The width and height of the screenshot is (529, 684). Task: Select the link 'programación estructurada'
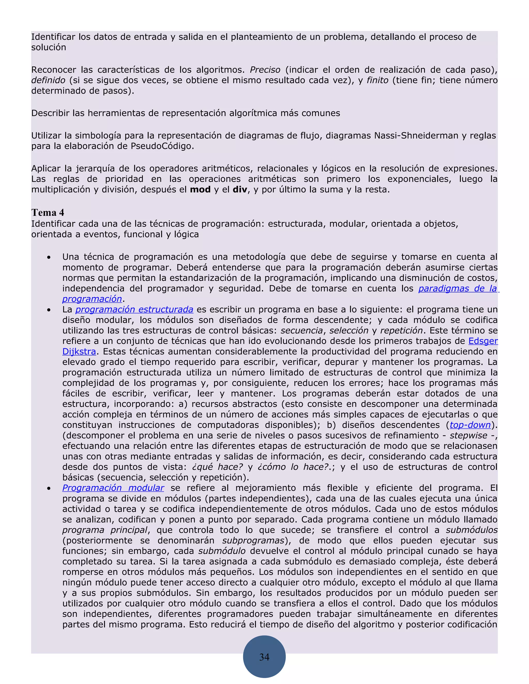pyautogui.click(x=134, y=309)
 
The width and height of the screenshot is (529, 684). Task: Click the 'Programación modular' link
pyautogui.click(x=113, y=488)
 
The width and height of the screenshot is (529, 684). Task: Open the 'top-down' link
pyautogui.click(x=470, y=425)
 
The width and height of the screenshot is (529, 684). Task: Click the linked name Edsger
pyautogui.click(x=483, y=341)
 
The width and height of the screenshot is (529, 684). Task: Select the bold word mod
pyautogui.click(x=200, y=189)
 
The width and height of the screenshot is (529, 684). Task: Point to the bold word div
pyautogui.click(x=240, y=189)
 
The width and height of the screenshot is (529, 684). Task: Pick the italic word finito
pyautogui.click(x=377, y=80)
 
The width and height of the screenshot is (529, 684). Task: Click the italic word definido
pyautogui.click(x=48, y=80)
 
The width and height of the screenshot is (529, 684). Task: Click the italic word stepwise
pyautogui.click(x=468, y=435)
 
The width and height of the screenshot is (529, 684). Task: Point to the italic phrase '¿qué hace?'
pyautogui.click(x=217, y=467)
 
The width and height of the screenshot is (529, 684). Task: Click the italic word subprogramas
pyautogui.click(x=253, y=540)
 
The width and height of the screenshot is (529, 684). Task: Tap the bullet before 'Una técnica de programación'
pyautogui.click(x=49, y=257)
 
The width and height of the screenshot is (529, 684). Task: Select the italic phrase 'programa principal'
pyautogui.click(x=105, y=530)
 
